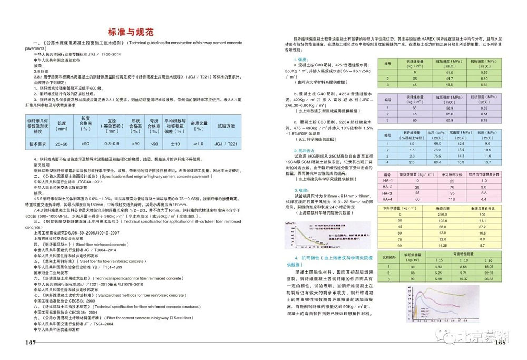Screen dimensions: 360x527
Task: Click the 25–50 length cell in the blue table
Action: (62, 143)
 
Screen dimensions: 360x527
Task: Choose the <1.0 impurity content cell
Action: (198, 143)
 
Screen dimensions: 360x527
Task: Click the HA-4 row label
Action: (388, 199)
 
